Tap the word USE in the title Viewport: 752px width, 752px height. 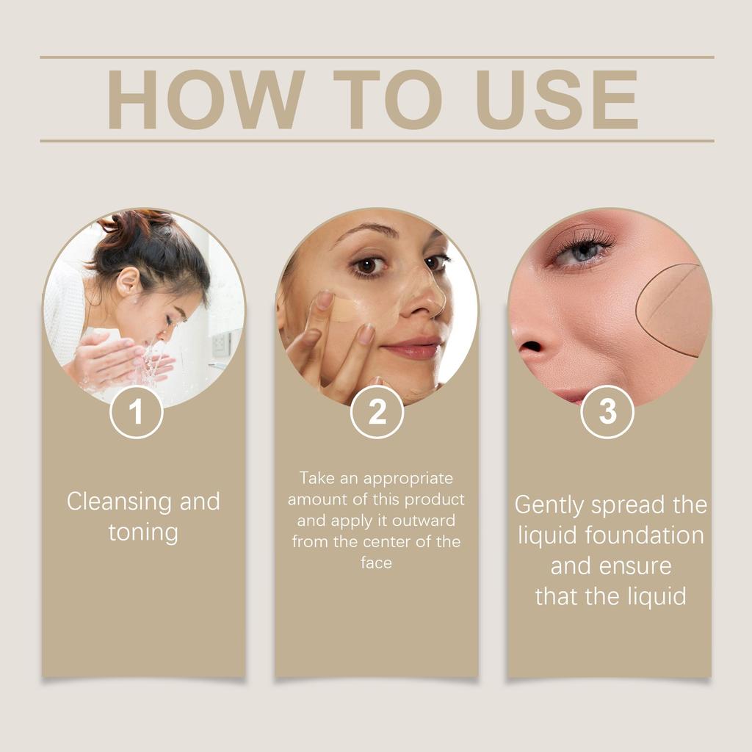click(556, 99)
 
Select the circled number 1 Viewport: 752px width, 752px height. click(136, 412)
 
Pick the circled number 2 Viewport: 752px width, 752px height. click(377, 412)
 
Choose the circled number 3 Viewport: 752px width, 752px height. click(607, 412)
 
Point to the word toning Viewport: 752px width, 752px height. click(143, 532)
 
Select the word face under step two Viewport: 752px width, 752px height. click(376, 563)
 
